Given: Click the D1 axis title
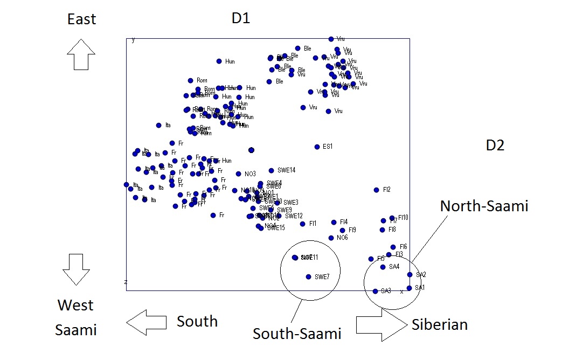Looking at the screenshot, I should click(x=241, y=18).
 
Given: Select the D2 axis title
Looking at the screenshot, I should click(x=495, y=145).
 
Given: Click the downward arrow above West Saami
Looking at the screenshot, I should click(x=76, y=269).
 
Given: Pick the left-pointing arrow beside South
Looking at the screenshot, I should click(x=147, y=322).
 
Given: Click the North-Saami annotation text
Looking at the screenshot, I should click(x=484, y=206).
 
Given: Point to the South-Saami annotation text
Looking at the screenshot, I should click(x=297, y=334).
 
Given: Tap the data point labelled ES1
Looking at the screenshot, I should click(x=317, y=147).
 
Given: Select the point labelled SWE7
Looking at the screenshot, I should click(x=308, y=276).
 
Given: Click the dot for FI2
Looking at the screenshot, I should click(x=377, y=190).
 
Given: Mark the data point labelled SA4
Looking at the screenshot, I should click(x=383, y=267).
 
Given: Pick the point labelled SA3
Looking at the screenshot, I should click(x=375, y=291).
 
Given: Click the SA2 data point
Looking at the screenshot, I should click(x=410, y=274).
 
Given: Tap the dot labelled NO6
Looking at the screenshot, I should click(x=331, y=238).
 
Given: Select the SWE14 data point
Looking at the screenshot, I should click(x=271, y=170).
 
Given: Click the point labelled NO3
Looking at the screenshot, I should click(x=238, y=174).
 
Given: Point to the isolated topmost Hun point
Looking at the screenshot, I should click(x=219, y=61).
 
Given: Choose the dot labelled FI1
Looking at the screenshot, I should click(x=303, y=224).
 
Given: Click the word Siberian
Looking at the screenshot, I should click(x=440, y=325).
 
